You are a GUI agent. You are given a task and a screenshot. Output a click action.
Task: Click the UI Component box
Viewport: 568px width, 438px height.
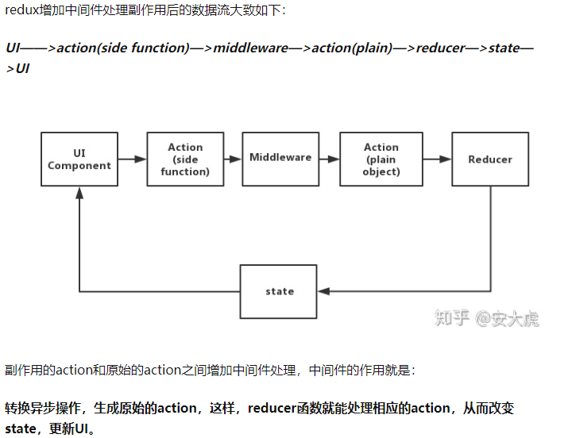click(79, 159)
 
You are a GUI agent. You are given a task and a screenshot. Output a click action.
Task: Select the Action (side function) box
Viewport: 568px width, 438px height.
click(185, 159)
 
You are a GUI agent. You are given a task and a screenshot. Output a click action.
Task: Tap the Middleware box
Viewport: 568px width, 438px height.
click(280, 158)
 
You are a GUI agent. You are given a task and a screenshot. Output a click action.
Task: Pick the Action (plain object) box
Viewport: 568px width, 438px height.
click(381, 159)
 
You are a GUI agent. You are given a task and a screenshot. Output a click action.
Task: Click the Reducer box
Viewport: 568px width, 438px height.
click(490, 159)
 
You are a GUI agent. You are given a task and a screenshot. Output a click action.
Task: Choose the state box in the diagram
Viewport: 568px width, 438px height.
click(280, 291)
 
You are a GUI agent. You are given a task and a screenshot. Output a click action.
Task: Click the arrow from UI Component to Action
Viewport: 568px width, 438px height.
click(132, 159)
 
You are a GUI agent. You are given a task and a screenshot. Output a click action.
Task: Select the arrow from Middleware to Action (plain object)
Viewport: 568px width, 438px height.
click(329, 159)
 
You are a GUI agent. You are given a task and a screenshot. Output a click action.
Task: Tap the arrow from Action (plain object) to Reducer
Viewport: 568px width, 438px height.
click(437, 159)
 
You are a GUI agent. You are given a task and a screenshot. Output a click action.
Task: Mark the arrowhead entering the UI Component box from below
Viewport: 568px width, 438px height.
click(79, 193)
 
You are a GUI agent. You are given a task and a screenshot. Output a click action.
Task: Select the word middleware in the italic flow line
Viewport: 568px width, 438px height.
click(251, 48)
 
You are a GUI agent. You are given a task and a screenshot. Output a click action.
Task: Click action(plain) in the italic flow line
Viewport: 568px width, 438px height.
click(352, 48)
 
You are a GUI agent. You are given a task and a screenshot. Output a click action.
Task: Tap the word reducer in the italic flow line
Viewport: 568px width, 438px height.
click(441, 48)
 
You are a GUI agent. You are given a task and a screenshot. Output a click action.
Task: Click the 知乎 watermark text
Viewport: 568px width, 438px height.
click(453, 318)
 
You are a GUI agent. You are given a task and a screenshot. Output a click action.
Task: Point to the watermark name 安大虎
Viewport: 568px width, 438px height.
click(516, 318)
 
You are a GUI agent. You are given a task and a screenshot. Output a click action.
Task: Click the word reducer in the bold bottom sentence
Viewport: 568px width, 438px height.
click(272, 409)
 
